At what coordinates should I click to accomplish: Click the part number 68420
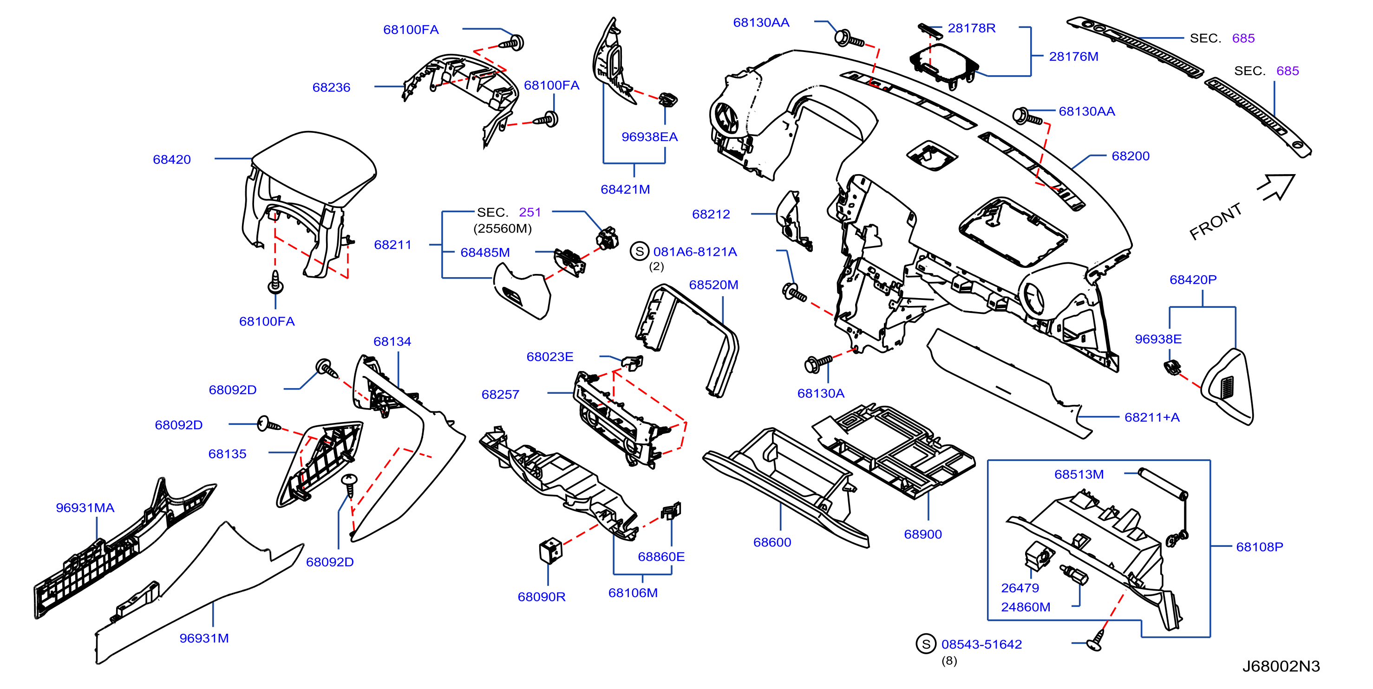172,159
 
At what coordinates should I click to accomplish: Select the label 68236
331,87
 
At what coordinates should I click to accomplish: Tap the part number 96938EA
649,137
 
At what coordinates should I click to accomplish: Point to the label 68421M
625,189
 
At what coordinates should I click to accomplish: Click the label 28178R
971,28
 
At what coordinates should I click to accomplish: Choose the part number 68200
1131,156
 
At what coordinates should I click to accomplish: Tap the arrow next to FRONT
1276,188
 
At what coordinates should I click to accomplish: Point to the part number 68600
772,542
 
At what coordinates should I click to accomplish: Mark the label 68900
922,534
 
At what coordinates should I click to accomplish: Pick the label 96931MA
85,508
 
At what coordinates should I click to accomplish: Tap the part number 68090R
541,597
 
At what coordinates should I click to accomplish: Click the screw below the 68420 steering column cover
275,282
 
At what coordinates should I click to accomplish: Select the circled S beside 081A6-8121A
640,251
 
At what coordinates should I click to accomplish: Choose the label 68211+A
1152,418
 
